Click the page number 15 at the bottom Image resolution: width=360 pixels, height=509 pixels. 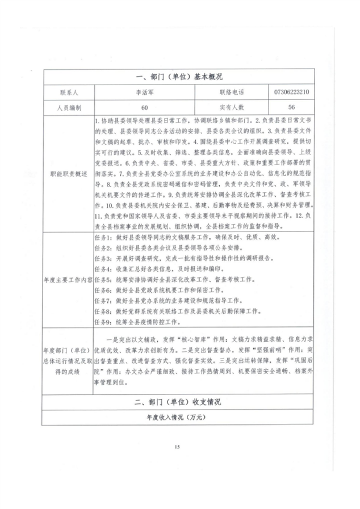[x=178, y=448]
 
